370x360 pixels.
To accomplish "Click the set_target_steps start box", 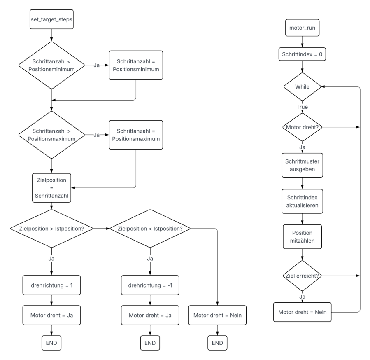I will pyautogui.click(x=51, y=19).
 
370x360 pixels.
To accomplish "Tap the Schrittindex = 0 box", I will pyautogui.click(x=302, y=54).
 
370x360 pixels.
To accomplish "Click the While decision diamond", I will pyautogui.click(x=302, y=87).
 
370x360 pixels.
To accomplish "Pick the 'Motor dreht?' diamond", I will pyautogui.click(x=302, y=127).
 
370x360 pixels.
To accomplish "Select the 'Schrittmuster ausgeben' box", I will pyautogui.click(x=302, y=165).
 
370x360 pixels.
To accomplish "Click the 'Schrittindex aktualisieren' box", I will pyautogui.click(x=302, y=201).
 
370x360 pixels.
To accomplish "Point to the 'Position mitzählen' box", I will pyautogui.click(x=302, y=237).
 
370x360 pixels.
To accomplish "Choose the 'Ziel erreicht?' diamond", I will pyautogui.click(x=302, y=275).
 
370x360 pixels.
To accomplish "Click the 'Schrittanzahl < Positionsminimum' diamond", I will pyautogui.click(x=51, y=65).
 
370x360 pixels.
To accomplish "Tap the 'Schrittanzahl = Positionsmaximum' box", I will pyautogui.click(x=135, y=135).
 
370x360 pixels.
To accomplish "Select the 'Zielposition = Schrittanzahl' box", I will pyautogui.click(x=51, y=187).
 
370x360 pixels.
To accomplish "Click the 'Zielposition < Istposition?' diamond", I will pyautogui.click(x=150, y=228).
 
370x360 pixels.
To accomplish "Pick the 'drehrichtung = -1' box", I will pyautogui.click(x=150, y=285).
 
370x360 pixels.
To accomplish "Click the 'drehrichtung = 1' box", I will pyautogui.click(x=51, y=285).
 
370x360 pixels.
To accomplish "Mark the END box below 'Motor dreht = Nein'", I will pyautogui.click(x=217, y=343).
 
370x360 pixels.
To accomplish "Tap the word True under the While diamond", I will pyautogui.click(x=302, y=107).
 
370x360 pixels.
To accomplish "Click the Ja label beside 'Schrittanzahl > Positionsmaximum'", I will pyautogui.click(x=96, y=135).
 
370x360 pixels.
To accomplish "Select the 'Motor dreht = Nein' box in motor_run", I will pyautogui.click(x=302, y=312).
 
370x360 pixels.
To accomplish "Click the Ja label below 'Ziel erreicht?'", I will pyautogui.click(x=302, y=296).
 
